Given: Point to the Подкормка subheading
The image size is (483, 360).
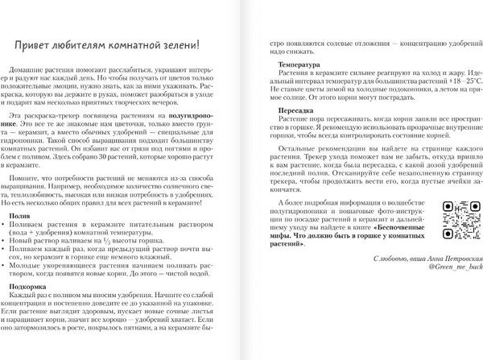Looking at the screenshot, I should pos(32,287).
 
